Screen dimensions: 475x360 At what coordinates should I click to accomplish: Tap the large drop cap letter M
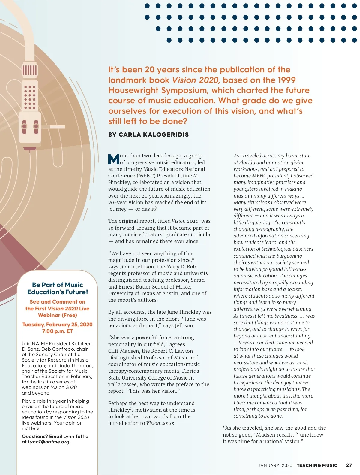pos(114,159)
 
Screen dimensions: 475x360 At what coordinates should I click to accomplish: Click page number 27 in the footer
pos(349,465)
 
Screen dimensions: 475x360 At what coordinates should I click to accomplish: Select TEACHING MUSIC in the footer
pos(317,465)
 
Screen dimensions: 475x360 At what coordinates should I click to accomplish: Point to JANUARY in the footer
pos(269,465)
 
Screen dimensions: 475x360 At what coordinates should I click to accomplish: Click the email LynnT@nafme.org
pos(49,442)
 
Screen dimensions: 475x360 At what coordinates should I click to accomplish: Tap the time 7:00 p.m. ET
pos(57,331)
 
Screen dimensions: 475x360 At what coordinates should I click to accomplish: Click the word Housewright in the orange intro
pos(133,90)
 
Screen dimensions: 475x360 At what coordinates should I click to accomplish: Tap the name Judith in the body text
pos(129,267)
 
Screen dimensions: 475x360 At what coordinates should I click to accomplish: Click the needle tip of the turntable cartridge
pos(29,150)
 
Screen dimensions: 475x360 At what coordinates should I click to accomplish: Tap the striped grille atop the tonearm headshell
pos(29,70)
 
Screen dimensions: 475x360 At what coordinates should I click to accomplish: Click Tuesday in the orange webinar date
pos(33,325)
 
